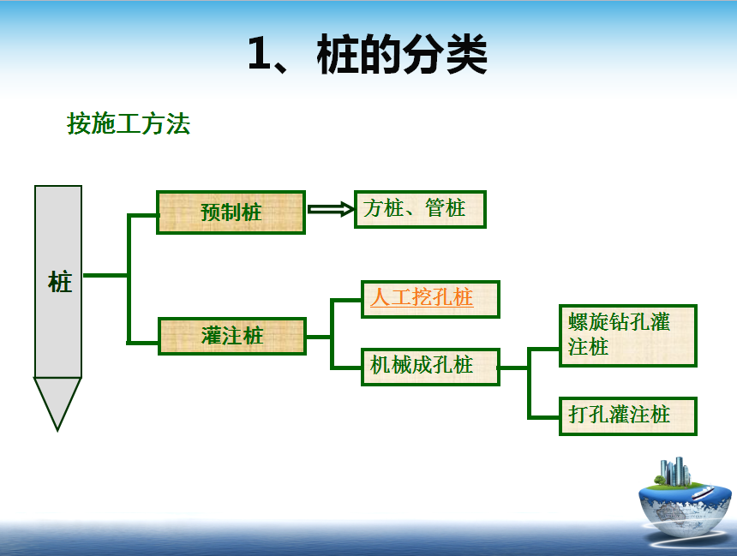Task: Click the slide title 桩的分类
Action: pos(402,55)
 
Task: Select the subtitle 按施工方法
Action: pos(129,124)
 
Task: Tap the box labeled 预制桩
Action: pos(231,212)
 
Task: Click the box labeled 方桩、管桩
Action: pos(420,209)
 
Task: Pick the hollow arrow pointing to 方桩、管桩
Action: pos(331,209)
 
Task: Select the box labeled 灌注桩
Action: pos(232,336)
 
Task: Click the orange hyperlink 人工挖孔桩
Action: pos(421,297)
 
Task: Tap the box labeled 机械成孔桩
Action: pos(430,367)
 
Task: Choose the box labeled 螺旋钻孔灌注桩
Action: pos(628,336)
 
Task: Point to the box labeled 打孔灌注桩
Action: pos(628,416)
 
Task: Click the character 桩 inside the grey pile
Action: pos(60,282)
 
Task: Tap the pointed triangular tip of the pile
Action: pos(57,429)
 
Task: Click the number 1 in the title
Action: pos(259,54)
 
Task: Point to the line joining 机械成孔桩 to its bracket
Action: pos(513,368)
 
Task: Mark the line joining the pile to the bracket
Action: pos(105,275)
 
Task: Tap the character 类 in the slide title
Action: pos(466,55)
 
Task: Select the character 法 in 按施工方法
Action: pos(178,124)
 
